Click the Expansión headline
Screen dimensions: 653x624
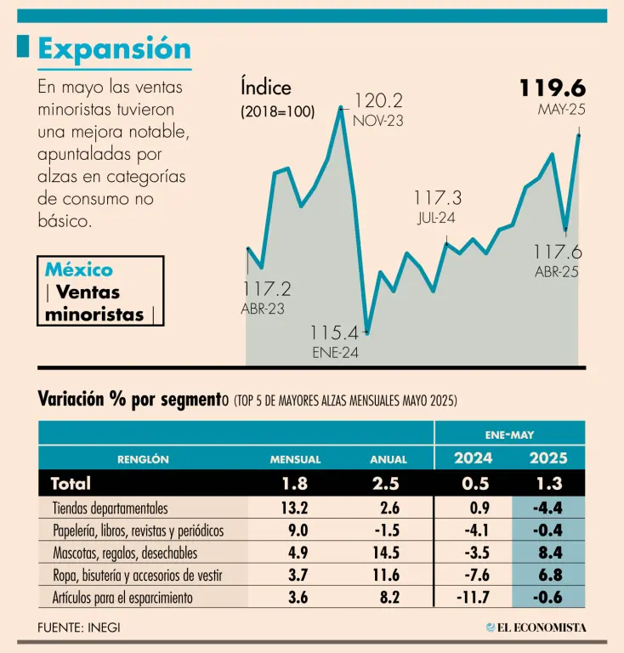click(115, 48)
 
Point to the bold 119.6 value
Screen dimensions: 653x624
click(553, 88)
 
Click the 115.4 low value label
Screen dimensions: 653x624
click(334, 332)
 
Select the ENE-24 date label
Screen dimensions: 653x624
click(335, 353)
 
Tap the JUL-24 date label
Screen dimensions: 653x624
click(436, 218)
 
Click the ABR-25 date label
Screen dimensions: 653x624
click(557, 272)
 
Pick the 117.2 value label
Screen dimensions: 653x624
click(267, 289)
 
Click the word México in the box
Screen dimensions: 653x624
click(78, 270)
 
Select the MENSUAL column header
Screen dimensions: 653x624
click(295, 459)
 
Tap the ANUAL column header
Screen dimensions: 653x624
click(389, 459)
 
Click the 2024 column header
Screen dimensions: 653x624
click(473, 458)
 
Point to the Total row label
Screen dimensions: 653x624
click(71, 484)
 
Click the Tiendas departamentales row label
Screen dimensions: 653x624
click(110, 508)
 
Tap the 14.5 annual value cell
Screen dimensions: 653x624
click(388, 554)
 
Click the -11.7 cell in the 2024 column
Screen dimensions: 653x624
click(473, 598)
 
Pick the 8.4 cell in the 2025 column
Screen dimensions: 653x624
click(549, 554)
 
